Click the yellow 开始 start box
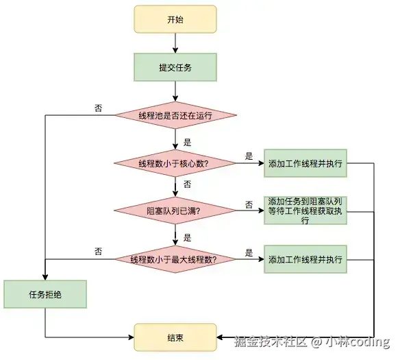click(x=175, y=19)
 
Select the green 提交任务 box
click(x=175, y=67)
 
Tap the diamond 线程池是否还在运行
click(x=175, y=115)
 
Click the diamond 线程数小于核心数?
click(x=175, y=163)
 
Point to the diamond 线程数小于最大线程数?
click(x=175, y=259)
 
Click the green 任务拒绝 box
click(x=45, y=294)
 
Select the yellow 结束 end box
click(x=175, y=337)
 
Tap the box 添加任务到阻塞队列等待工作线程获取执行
click(x=305, y=211)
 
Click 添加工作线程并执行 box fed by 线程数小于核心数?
click(x=305, y=163)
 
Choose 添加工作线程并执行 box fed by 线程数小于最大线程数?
click(x=305, y=259)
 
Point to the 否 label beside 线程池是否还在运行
click(x=99, y=108)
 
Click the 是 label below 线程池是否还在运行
click(x=187, y=143)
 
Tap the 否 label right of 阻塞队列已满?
click(x=249, y=204)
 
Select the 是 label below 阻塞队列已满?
click(x=187, y=237)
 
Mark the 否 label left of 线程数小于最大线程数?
click(x=99, y=252)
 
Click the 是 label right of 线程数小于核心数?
click(x=249, y=156)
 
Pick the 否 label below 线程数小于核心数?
click(x=187, y=184)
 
